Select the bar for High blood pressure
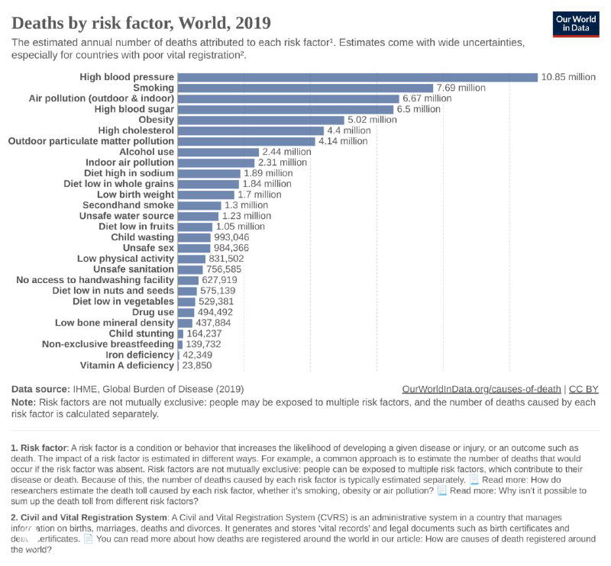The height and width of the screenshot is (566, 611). pos(357,77)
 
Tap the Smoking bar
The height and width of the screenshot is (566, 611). pos(305,88)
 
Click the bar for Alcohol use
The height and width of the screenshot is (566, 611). pos(218,152)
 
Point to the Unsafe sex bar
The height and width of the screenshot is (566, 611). pos(193,248)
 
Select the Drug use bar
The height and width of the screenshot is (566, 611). pos(186,312)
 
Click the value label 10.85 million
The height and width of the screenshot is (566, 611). pos(567,77)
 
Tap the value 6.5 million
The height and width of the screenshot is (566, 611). pos(419,109)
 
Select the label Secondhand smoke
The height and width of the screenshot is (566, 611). pos(128,205)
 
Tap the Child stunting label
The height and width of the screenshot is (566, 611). pos(141,333)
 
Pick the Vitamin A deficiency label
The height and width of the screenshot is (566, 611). pos(127,365)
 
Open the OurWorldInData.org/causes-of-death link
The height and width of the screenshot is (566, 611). pos(481,388)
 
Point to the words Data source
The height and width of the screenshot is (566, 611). pos(40,388)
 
